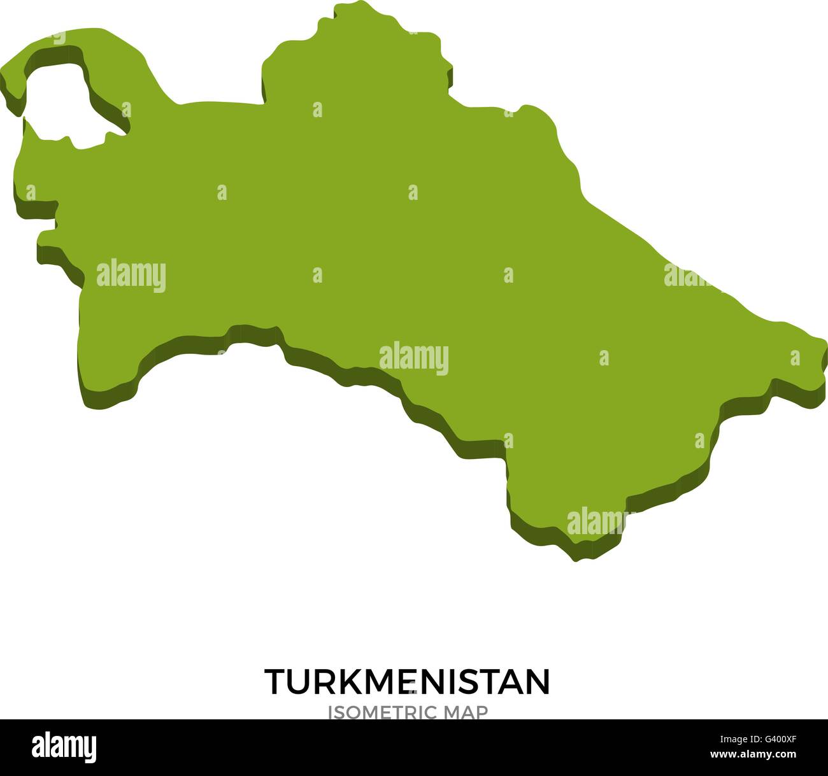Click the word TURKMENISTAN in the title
[x=407, y=682]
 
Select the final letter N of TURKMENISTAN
[x=537, y=682]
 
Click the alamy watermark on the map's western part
[x=131, y=276]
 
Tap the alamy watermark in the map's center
[x=414, y=359]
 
